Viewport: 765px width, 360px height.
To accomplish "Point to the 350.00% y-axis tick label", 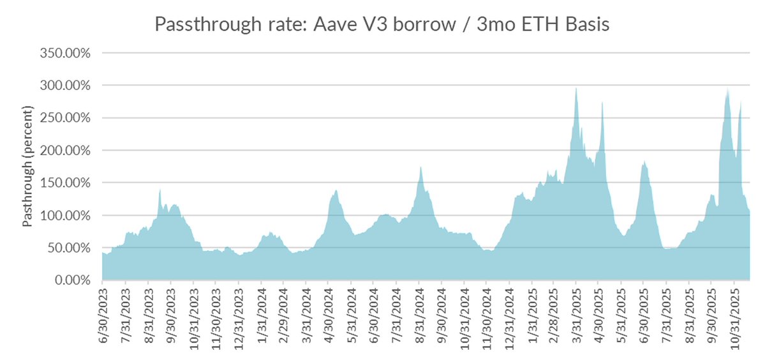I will tap(66, 53).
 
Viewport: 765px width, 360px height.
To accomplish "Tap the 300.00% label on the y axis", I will tap(66, 86).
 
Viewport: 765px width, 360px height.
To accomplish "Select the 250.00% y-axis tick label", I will tap(66, 118).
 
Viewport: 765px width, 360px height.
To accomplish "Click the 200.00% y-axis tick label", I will tap(66, 151).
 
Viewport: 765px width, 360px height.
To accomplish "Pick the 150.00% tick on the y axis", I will tap(66, 183).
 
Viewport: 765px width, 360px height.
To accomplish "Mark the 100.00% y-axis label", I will tap(66, 216).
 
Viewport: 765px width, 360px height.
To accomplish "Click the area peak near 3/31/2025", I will tap(576, 89).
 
